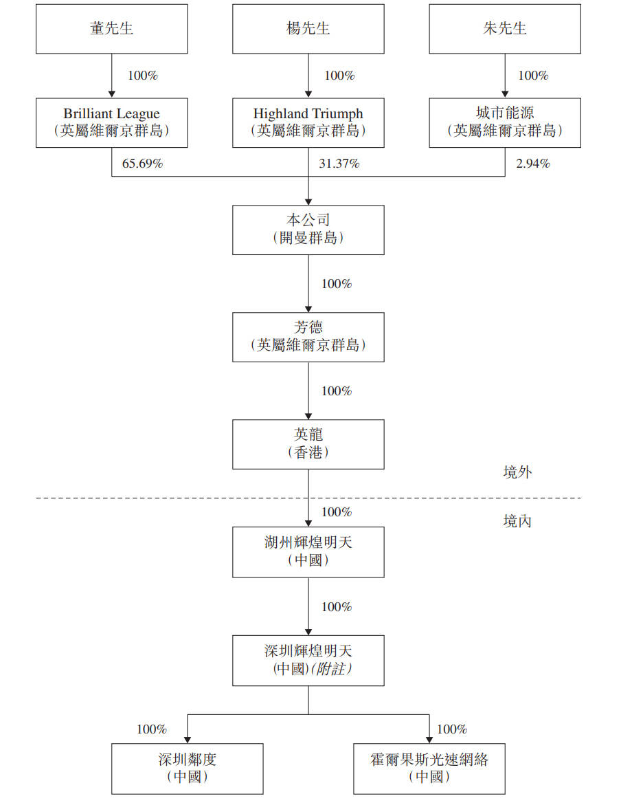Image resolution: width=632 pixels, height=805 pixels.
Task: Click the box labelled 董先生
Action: pyautogui.click(x=111, y=29)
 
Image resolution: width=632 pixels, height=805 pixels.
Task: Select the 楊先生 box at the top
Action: pyautogui.click(x=308, y=29)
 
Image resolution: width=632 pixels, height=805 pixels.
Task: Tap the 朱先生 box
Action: pyautogui.click(x=504, y=29)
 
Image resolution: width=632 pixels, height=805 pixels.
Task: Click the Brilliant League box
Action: pyautogui.click(x=111, y=122)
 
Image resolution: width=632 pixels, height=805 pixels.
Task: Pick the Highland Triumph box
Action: pyautogui.click(x=308, y=122)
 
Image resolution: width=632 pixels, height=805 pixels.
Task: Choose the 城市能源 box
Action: pyautogui.click(x=504, y=122)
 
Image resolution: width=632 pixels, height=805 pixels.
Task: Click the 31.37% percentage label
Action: pyautogui.click(x=339, y=164)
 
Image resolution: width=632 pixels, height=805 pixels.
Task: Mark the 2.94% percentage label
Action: pyautogui.click(x=532, y=164)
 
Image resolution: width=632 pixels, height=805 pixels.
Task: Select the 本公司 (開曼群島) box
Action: pyautogui.click(x=308, y=230)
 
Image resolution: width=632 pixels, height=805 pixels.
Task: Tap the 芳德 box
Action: pyautogui.click(x=308, y=337)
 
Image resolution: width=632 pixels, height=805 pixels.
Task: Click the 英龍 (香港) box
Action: pyautogui.click(x=308, y=444)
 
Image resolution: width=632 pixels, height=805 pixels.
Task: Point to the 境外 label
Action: pyautogui.click(x=517, y=472)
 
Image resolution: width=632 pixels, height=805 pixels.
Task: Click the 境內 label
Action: pyautogui.click(x=517, y=521)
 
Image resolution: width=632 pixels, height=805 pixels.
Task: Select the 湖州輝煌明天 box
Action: pyautogui.click(x=308, y=552)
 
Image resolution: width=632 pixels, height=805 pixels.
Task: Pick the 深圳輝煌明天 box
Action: pyautogui.click(x=308, y=660)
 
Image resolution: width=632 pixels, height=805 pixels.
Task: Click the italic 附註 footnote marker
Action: pyautogui.click(x=332, y=669)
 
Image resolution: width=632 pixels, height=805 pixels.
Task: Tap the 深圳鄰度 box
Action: pyautogui.click(x=187, y=769)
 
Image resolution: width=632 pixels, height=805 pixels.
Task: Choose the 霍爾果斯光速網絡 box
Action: pyautogui.click(x=429, y=769)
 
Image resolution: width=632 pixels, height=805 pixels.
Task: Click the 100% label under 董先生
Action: pyautogui.click(x=143, y=76)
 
